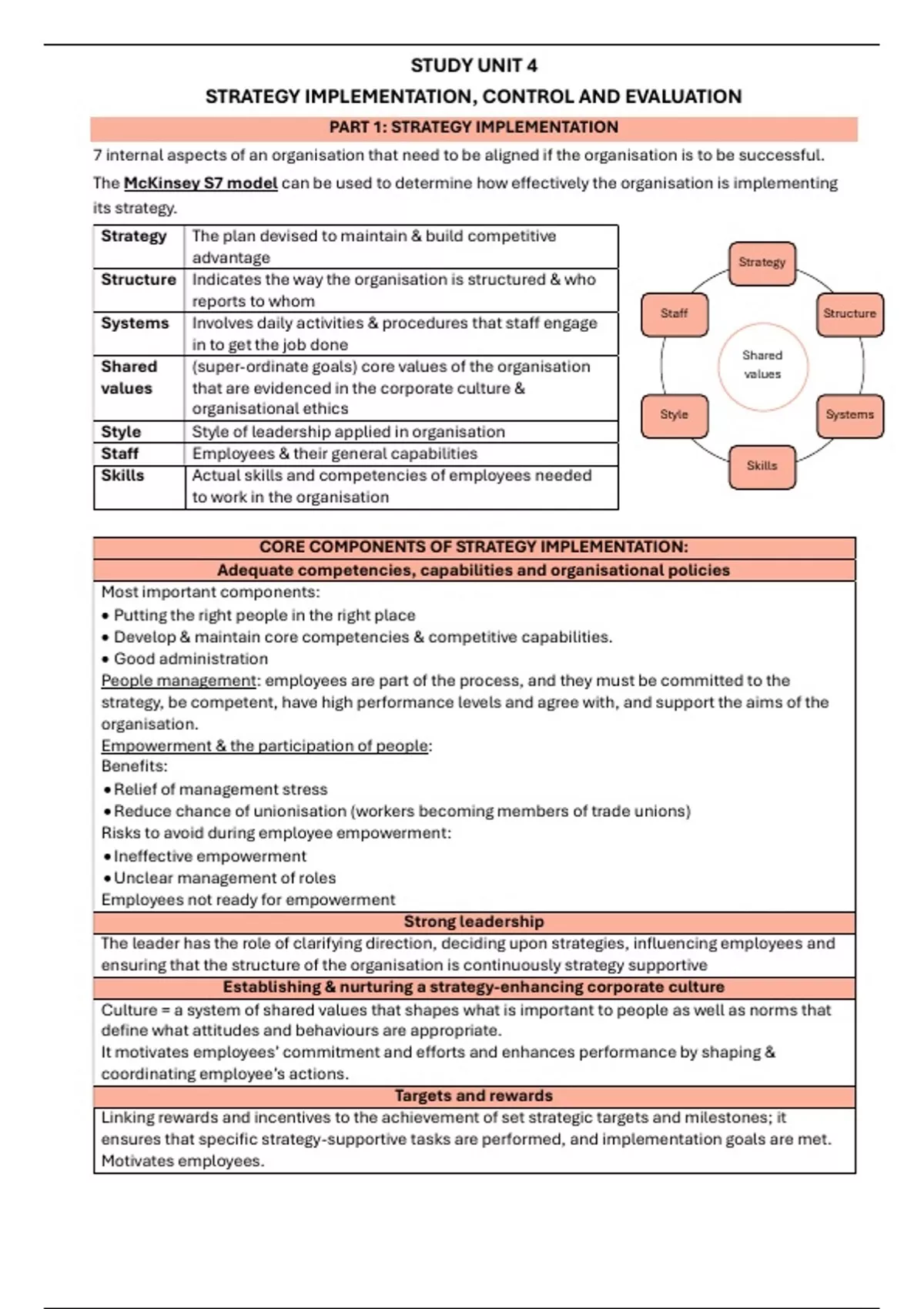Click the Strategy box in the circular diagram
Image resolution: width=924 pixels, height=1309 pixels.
coord(762,263)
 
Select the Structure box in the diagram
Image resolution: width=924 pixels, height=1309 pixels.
coord(849,313)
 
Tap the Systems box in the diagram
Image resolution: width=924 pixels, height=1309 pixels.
coord(849,415)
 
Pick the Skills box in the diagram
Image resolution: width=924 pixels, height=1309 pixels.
coord(762,466)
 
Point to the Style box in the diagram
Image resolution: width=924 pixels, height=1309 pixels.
coord(674,415)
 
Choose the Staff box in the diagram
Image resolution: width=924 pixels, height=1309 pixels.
coord(674,313)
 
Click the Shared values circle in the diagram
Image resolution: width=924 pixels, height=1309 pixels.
coord(762,365)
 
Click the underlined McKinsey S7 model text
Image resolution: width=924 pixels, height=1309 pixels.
coord(200,183)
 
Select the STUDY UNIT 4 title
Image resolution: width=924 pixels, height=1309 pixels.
coord(474,65)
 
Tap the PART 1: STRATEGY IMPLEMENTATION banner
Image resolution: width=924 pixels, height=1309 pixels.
coord(474,128)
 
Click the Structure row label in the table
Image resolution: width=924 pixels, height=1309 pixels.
coord(139,280)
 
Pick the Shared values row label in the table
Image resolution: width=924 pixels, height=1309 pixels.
coord(129,377)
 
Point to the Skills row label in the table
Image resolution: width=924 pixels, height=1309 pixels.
coord(122,476)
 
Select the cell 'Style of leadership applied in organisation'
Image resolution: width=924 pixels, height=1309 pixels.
coord(348,432)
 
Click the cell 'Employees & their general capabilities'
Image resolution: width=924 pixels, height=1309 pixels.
coord(334,454)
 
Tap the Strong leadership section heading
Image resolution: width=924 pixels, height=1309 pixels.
coord(474,922)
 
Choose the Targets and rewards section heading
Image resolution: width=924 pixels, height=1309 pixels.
coord(474,1096)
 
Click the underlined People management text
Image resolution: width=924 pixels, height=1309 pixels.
coord(179,681)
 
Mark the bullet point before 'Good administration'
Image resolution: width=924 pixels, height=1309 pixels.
coord(105,660)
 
